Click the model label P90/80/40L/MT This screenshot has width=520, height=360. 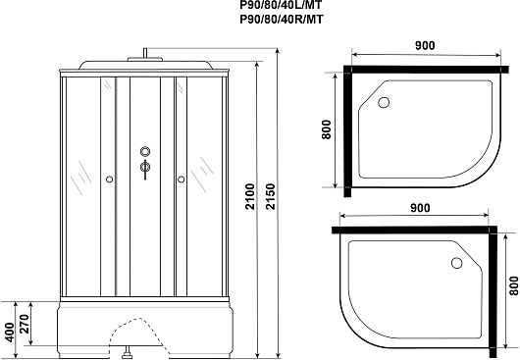[x=281, y=5]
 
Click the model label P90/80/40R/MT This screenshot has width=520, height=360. [x=281, y=20]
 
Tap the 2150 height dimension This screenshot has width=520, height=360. [x=270, y=196]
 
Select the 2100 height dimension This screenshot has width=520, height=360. [x=250, y=196]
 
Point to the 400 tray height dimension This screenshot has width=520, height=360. [x=10, y=333]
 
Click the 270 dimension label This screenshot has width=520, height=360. [x=25, y=324]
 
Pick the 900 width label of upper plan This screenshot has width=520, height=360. [x=425, y=45]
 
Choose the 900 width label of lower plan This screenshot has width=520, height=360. [x=420, y=208]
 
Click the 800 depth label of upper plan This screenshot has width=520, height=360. [x=327, y=129]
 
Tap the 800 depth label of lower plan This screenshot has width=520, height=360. [x=514, y=285]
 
